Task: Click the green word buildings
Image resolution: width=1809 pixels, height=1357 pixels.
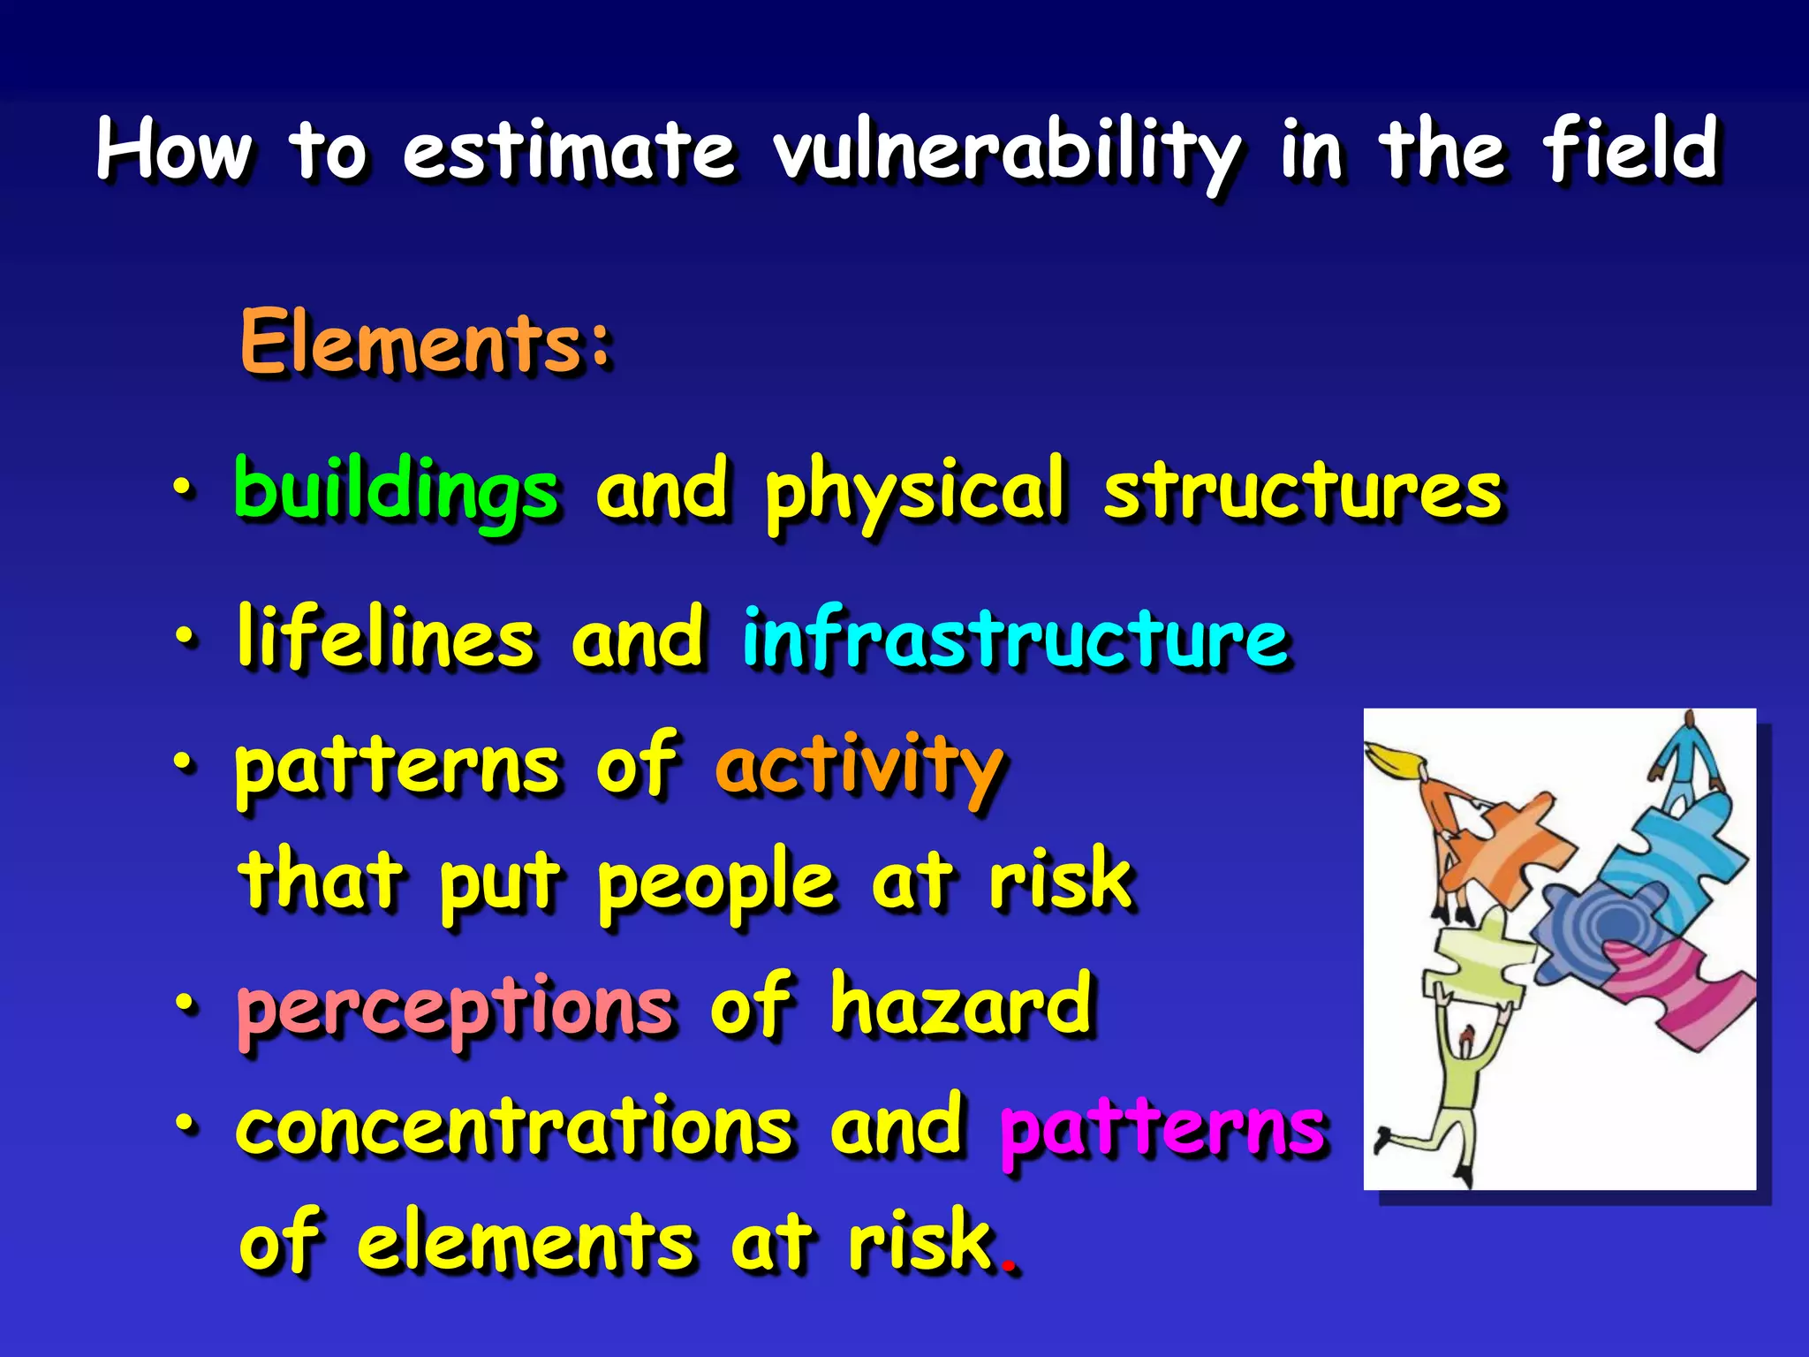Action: [x=396, y=491]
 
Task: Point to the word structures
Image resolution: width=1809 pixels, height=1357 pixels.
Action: [x=1303, y=491]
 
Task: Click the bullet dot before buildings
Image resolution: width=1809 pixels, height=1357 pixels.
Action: [x=182, y=486]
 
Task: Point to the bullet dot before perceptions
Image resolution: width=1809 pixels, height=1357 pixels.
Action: [x=183, y=1002]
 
